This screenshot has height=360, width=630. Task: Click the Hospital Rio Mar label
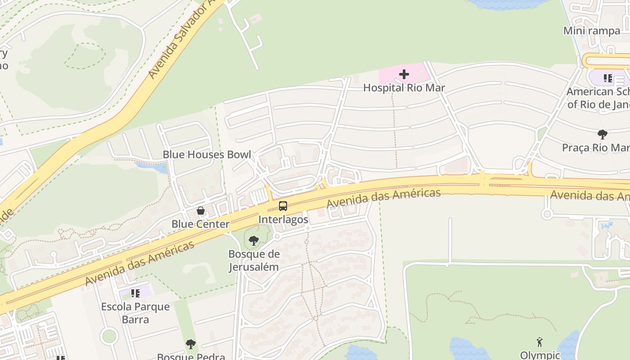coord(404,88)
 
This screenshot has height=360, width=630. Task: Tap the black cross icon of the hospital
coord(404,74)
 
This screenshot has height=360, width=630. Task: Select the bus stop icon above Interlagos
coord(283,206)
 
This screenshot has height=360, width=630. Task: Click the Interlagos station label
coord(283,220)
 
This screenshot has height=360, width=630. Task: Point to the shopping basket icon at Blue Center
coord(201,211)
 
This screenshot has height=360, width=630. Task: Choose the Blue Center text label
coord(200,224)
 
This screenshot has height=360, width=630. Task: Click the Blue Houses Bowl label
coord(207,154)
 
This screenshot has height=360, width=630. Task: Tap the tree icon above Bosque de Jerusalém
coord(254,241)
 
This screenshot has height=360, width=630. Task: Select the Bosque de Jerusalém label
coord(254,261)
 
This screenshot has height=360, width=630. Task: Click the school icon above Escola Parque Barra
coord(135,293)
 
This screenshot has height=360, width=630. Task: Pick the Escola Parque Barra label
coord(135,313)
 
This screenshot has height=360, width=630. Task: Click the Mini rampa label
coord(591,31)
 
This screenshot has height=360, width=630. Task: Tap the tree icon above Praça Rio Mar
coord(602,134)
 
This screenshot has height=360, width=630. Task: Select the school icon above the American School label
coord(608,78)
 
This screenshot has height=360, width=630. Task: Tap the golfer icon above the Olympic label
coord(540,342)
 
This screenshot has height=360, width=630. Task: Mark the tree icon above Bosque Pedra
coord(191,344)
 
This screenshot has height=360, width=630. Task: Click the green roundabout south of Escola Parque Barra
coord(109,335)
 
